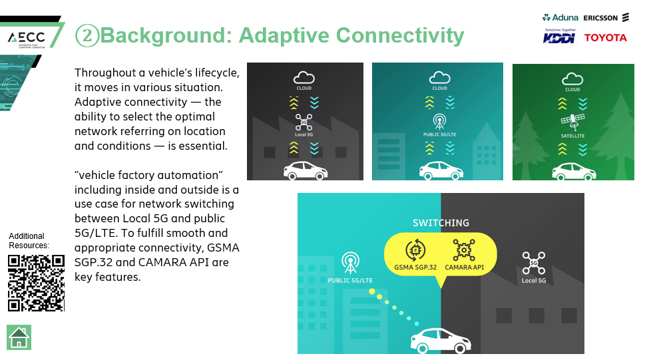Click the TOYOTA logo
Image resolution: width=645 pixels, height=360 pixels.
point(606,37)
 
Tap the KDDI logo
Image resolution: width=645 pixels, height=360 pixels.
point(559,36)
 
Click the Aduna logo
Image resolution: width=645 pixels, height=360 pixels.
point(560,17)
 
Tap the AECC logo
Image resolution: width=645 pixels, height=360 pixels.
point(27,39)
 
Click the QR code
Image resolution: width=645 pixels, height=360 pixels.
point(36,283)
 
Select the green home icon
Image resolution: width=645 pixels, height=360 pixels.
point(19,337)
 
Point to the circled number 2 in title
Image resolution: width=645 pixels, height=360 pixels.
point(87,35)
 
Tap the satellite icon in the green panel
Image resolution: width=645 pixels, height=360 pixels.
point(572,122)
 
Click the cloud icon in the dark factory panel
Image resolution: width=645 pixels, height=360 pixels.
point(304,77)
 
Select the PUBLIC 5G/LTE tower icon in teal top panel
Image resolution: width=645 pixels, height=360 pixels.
point(439,122)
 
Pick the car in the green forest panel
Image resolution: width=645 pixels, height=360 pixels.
point(574,171)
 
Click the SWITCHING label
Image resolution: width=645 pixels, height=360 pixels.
point(441,223)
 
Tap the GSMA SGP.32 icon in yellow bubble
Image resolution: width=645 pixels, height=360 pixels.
point(415,250)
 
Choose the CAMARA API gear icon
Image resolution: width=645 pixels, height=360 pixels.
point(464,250)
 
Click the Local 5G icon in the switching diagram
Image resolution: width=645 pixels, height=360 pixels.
point(534,263)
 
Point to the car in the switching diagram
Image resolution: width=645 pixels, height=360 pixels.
point(441,341)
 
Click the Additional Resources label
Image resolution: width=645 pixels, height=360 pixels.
point(29,241)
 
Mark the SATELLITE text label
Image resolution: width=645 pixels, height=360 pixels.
point(572,136)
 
